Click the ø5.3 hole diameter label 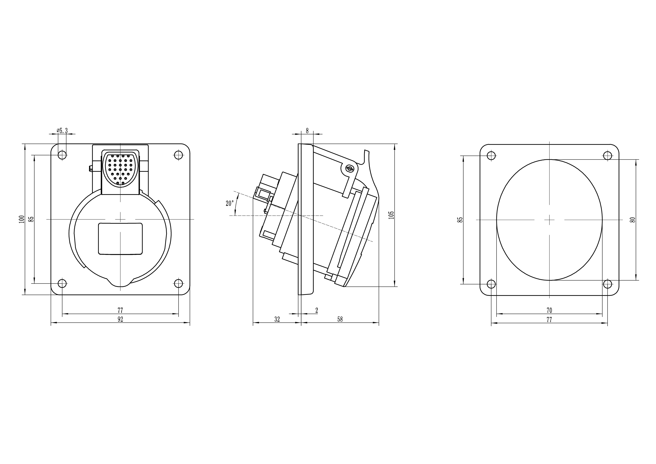tap(62, 131)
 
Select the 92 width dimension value tap(120, 319)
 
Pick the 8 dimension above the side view tap(307, 131)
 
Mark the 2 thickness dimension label tap(317, 310)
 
